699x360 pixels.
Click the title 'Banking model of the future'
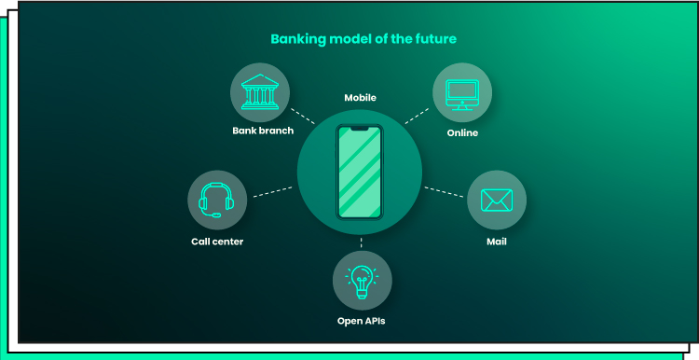(x=363, y=39)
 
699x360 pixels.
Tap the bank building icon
(x=260, y=92)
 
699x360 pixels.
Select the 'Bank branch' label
(x=263, y=131)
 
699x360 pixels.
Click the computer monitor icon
(x=462, y=94)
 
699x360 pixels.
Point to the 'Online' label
(x=462, y=133)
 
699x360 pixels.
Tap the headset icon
(x=216, y=201)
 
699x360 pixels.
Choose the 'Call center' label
(x=217, y=242)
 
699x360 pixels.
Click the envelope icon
(x=497, y=201)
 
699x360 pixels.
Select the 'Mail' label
(x=497, y=242)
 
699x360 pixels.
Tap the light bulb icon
(x=362, y=281)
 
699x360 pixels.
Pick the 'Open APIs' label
(x=361, y=321)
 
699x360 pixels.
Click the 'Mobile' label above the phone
(x=360, y=98)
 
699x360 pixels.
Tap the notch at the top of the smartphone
(x=360, y=129)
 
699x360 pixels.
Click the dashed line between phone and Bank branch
(x=303, y=116)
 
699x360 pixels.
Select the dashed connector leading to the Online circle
(x=417, y=116)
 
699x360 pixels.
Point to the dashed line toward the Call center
(x=273, y=192)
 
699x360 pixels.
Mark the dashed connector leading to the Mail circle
(x=444, y=192)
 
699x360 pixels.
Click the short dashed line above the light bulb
(x=361, y=242)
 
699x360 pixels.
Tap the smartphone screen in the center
(x=360, y=173)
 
